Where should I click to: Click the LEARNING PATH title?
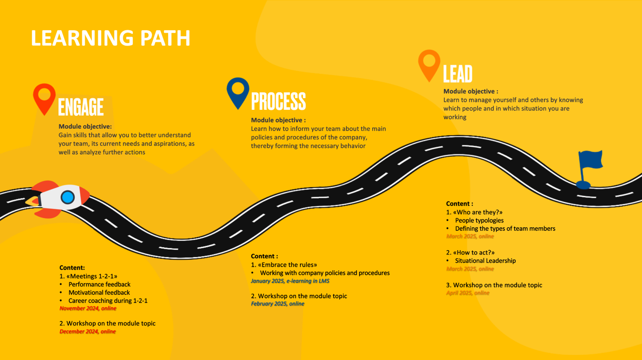(111, 38)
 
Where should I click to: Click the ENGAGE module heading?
(81, 107)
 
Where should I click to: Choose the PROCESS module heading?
(278, 101)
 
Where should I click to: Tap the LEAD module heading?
(458, 74)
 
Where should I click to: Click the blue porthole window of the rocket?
(68, 198)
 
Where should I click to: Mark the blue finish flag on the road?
(589, 169)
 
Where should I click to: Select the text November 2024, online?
(88, 308)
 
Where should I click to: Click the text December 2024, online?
(87, 331)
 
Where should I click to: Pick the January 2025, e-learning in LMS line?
(290, 281)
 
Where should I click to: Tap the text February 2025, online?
(277, 304)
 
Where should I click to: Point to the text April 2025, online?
(468, 293)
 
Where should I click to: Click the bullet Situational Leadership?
(485, 261)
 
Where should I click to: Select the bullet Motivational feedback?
(99, 293)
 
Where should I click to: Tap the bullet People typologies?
(479, 221)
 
